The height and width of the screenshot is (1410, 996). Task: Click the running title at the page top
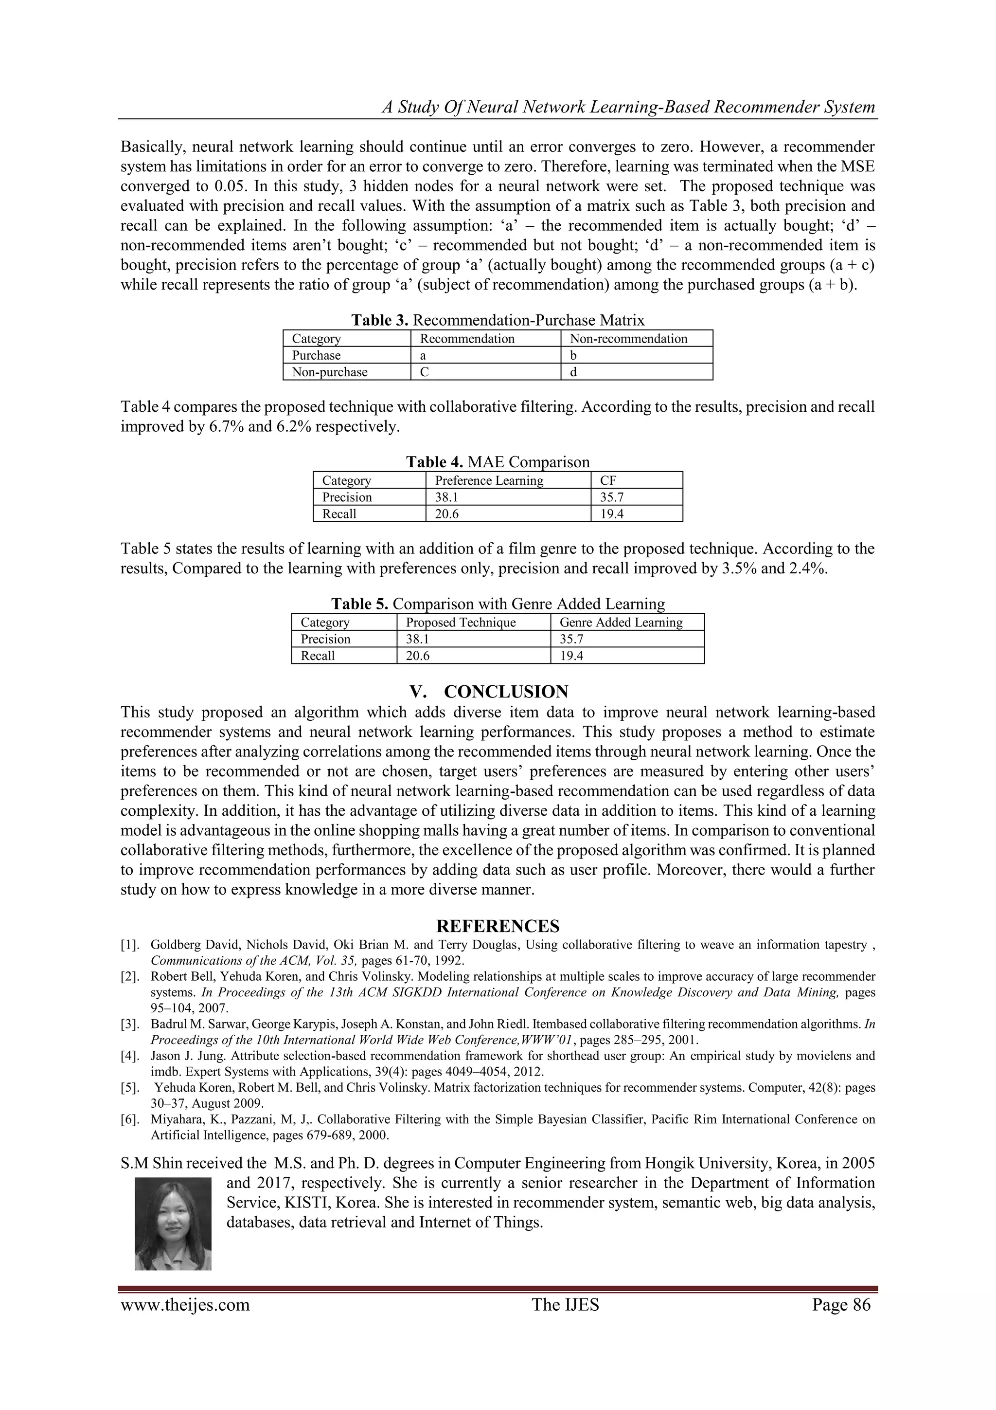(628, 107)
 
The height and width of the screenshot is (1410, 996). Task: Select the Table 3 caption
(498, 320)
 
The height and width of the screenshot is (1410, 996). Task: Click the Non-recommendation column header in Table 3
(628, 338)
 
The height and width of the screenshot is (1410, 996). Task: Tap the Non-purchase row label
(330, 372)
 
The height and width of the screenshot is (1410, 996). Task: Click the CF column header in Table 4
(608, 480)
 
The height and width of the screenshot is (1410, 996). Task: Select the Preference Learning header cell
(489, 480)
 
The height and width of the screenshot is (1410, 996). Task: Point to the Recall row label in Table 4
(339, 514)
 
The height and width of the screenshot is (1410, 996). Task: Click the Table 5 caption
(498, 604)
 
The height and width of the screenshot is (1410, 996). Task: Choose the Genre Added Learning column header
(621, 622)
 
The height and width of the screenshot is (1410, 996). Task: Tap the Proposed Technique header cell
(461, 622)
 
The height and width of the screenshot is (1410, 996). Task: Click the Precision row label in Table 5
(325, 639)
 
